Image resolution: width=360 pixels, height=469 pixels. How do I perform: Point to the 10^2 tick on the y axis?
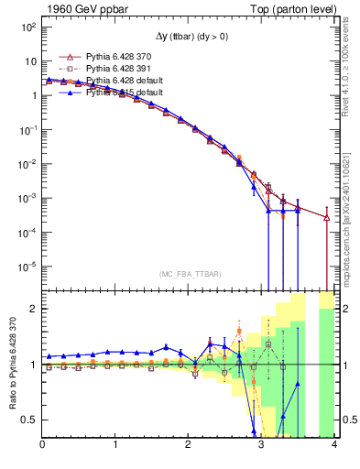click(x=27, y=27)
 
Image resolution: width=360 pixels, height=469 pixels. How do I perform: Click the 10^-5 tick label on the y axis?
click(x=27, y=267)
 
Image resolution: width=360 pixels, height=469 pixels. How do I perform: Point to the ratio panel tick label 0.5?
click(x=29, y=420)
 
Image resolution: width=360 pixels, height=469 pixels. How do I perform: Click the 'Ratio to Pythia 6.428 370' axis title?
click(x=10, y=364)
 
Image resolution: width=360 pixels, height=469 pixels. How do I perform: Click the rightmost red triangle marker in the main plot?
click(x=327, y=217)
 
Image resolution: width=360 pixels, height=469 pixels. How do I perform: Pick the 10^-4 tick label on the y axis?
click(x=27, y=233)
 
